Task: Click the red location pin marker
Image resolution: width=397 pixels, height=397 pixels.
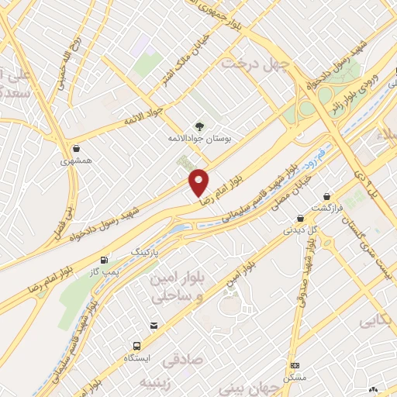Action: tap(199, 183)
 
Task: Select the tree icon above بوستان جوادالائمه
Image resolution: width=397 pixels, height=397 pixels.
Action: tap(200, 126)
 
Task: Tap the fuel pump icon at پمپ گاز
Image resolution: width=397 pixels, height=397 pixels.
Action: tap(104, 260)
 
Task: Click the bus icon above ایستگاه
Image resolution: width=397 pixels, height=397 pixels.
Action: tap(137, 346)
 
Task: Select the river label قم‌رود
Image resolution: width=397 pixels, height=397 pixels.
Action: tap(312, 161)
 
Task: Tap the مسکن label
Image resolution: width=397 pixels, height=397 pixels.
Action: tap(295, 377)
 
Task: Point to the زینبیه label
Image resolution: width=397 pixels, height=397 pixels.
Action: tap(155, 383)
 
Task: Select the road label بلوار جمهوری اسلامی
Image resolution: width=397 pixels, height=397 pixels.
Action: tap(233, 16)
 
